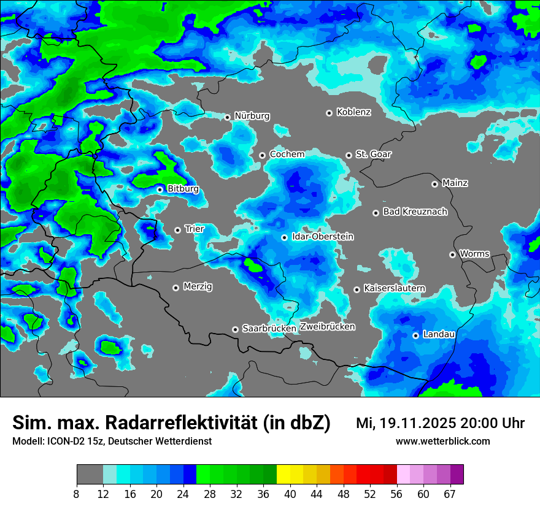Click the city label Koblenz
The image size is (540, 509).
pyautogui.click(x=353, y=112)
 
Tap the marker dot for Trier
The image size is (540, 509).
pyautogui.click(x=178, y=230)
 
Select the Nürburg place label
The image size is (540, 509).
pyautogui.click(x=252, y=116)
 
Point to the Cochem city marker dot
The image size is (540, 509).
pyautogui.click(x=262, y=155)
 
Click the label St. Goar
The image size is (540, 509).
pyautogui.click(x=373, y=154)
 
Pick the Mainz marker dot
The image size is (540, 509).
pyautogui.click(x=434, y=184)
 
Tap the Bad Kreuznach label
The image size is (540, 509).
pyautogui.click(x=415, y=212)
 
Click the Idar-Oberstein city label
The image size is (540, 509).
pyautogui.click(x=322, y=237)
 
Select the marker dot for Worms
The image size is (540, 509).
pyautogui.click(x=452, y=255)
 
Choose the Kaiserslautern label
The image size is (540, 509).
pyautogui.click(x=394, y=288)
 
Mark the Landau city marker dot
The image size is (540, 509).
pyautogui.click(x=415, y=335)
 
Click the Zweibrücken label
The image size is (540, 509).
pyautogui.click(x=328, y=327)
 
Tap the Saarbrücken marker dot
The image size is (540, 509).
pyautogui.click(x=235, y=329)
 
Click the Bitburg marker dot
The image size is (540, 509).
pyautogui.click(x=160, y=189)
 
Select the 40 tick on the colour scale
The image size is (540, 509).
pyautogui.click(x=290, y=494)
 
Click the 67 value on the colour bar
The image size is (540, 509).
pyautogui.click(x=450, y=494)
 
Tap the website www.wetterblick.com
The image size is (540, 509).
pyautogui.click(x=442, y=441)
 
